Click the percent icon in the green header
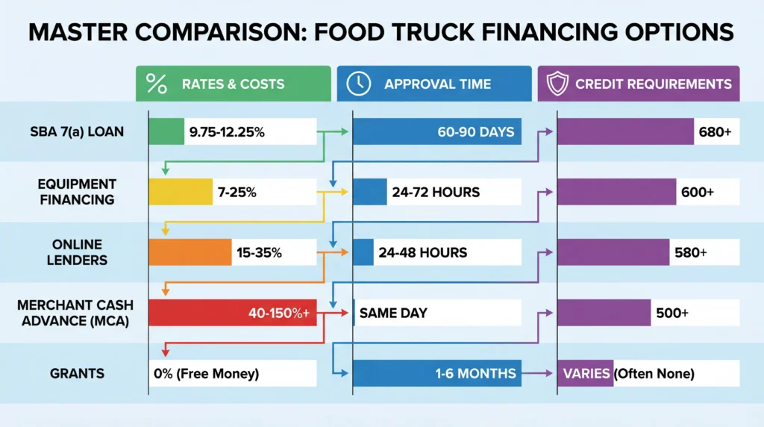157,84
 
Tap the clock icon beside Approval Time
359,84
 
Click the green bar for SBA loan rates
166,131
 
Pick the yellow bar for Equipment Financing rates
181,192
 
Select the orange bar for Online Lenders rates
190,252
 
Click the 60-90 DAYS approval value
476,132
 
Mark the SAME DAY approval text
393,313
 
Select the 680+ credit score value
716,132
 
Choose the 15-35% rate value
259,252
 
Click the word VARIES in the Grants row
586,373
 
